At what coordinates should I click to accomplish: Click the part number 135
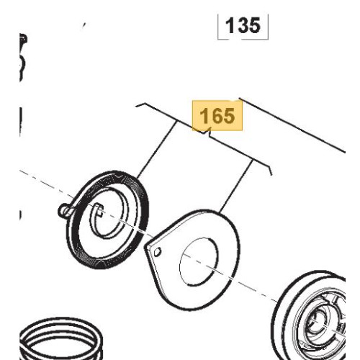(x=243, y=25)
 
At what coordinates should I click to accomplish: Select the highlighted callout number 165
(x=217, y=116)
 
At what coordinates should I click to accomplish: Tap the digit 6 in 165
(x=217, y=116)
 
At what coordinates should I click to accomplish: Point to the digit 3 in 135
(x=243, y=25)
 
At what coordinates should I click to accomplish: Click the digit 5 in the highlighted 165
(x=228, y=116)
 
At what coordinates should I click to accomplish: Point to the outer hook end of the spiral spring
(x=63, y=210)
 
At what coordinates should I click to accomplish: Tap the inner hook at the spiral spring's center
(x=99, y=210)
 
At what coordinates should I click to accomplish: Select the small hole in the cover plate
(x=157, y=251)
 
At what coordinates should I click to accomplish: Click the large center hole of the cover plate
(x=199, y=261)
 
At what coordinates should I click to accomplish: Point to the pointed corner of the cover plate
(x=145, y=246)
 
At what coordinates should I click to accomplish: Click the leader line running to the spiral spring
(x=157, y=150)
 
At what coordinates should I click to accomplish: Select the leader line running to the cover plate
(x=235, y=186)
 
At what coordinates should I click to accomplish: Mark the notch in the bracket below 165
(x=207, y=133)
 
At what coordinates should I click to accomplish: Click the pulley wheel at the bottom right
(x=310, y=317)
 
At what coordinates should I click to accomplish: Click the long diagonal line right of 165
(x=292, y=125)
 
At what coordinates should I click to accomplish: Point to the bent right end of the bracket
(x=269, y=168)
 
